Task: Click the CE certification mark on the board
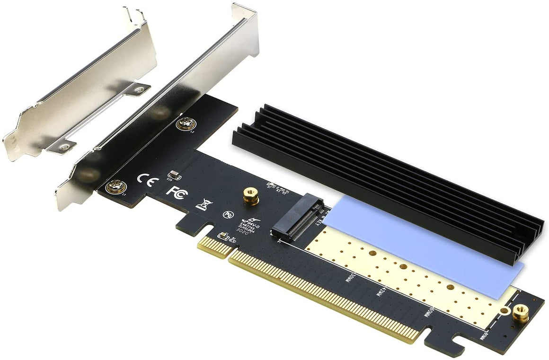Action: (x=144, y=180)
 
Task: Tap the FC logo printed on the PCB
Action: (x=175, y=192)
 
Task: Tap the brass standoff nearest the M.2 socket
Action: (x=251, y=195)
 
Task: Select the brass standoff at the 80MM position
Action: (x=521, y=314)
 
